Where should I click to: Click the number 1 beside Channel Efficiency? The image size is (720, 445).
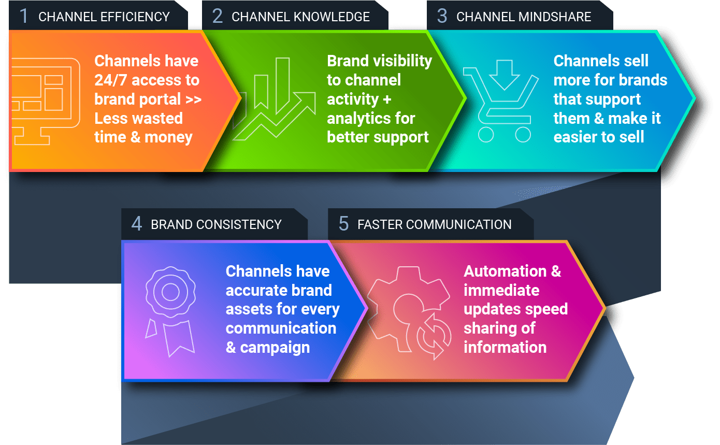(24, 16)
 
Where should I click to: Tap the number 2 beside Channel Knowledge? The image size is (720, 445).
(217, 16)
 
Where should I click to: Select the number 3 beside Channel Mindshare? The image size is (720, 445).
(442, 16)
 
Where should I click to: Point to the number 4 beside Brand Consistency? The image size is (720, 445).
(137, 223)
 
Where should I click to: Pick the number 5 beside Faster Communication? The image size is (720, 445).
(343, 223)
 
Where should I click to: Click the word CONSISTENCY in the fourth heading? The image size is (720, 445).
(239, 224)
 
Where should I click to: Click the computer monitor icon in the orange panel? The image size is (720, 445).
(45, 102)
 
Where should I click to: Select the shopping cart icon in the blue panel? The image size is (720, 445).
(500, 101)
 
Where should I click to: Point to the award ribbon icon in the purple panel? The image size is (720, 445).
(170, 311)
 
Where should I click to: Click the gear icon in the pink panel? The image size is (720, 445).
(409, 312)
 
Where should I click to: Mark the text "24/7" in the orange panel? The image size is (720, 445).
(110, 80)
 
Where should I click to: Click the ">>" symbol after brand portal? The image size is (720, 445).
(194, 99)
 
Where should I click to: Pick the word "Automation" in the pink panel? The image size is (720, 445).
(505, 271)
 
